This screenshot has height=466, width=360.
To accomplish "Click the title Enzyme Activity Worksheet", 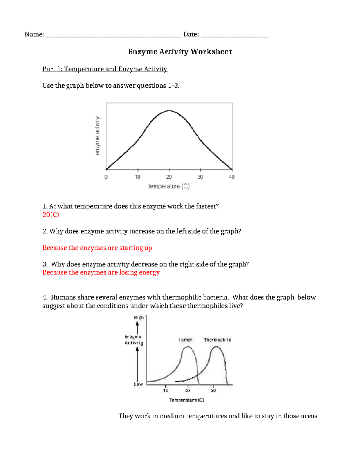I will (180, 52).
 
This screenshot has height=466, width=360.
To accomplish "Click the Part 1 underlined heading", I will (105, 69).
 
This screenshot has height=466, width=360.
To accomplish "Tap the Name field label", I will (34, 35).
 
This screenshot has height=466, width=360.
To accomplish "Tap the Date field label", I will (191, 35).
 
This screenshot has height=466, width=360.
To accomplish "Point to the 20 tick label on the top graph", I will (169, 177).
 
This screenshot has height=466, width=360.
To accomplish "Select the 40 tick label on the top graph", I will (232, 177).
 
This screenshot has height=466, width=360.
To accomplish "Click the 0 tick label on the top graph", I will (106, 177).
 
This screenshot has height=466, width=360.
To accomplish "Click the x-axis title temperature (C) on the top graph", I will (169, 186).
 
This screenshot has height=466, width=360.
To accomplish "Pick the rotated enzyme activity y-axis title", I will (97, 136).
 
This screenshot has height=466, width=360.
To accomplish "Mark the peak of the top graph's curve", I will (169, 110).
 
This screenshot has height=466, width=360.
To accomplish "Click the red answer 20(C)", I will (51, 215).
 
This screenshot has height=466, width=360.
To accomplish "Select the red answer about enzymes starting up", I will (97, 248).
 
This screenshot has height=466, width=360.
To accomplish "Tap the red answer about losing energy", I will (101, 272).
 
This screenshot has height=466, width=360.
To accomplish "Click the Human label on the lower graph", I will (185, 340).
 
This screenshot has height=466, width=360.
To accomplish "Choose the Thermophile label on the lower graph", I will (217, 340).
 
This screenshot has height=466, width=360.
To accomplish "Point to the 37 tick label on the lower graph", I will (188, 390).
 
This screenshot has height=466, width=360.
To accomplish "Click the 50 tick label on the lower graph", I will (213, 390).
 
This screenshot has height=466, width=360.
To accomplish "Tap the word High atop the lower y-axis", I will (139, 317).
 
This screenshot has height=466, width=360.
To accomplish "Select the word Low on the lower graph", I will (138, 384).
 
